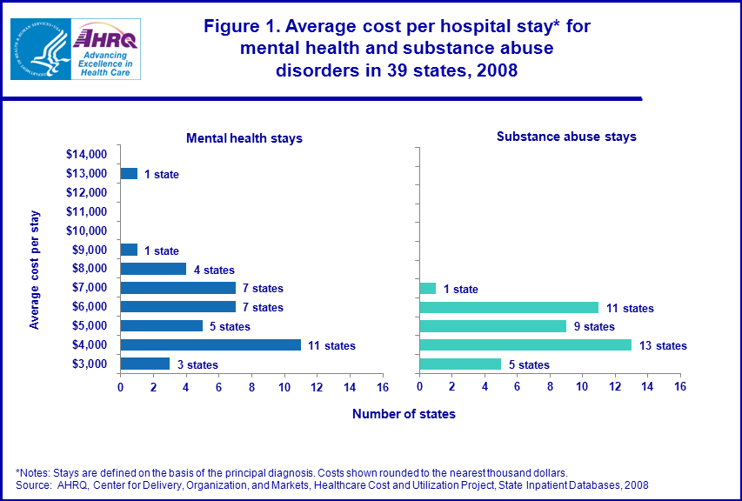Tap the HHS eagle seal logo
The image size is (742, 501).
click(x=38, y=48)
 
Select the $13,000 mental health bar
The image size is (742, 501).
click(x=129, y=174)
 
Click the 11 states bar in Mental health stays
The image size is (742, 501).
click(x=211, y=345)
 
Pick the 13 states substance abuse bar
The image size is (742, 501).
click(x=525, y=345)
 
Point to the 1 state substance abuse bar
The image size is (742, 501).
click(x=427, y=289)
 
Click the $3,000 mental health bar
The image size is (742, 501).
click(x=144, y=364)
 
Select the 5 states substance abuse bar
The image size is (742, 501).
click(x=460, y=364)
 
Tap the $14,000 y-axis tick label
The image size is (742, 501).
click(x=86, y=155)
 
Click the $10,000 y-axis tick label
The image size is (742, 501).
click(x=86, y=231)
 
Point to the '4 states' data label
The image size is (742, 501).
click(x=214, y=271)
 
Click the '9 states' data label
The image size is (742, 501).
click(x=593, y=327)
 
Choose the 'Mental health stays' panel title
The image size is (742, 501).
click(x=244, y=138)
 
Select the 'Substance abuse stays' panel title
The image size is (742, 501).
click(x=566, y=137)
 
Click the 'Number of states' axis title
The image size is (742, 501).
click(x=404, y=414)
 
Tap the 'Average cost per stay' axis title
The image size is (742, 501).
click(x=35, y=269)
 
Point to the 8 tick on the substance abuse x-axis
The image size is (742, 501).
click(x=550, y=386)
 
